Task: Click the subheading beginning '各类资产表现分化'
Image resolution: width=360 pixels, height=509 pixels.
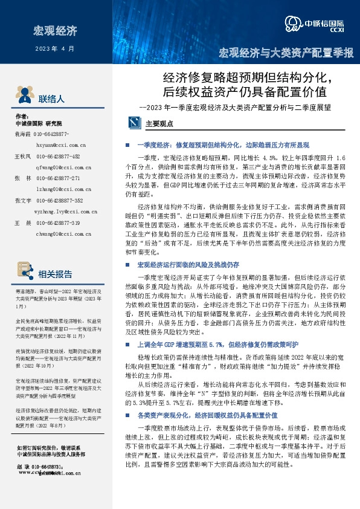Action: click(x=207, y=398)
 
